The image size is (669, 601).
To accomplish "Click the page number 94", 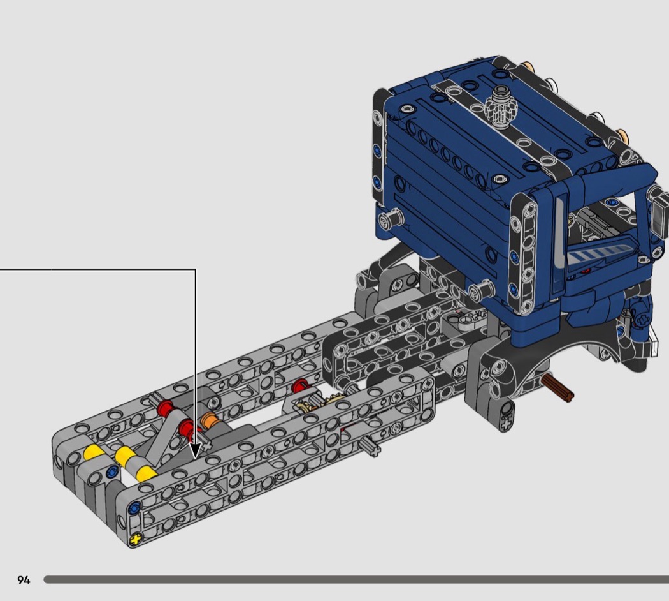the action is point(24,580).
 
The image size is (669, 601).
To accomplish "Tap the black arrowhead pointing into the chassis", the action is point(195,451).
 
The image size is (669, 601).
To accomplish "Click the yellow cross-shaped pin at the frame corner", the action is point(135,539).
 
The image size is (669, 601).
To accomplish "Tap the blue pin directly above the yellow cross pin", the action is point(134,507).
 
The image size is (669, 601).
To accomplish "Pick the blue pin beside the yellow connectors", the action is point(111,471).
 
